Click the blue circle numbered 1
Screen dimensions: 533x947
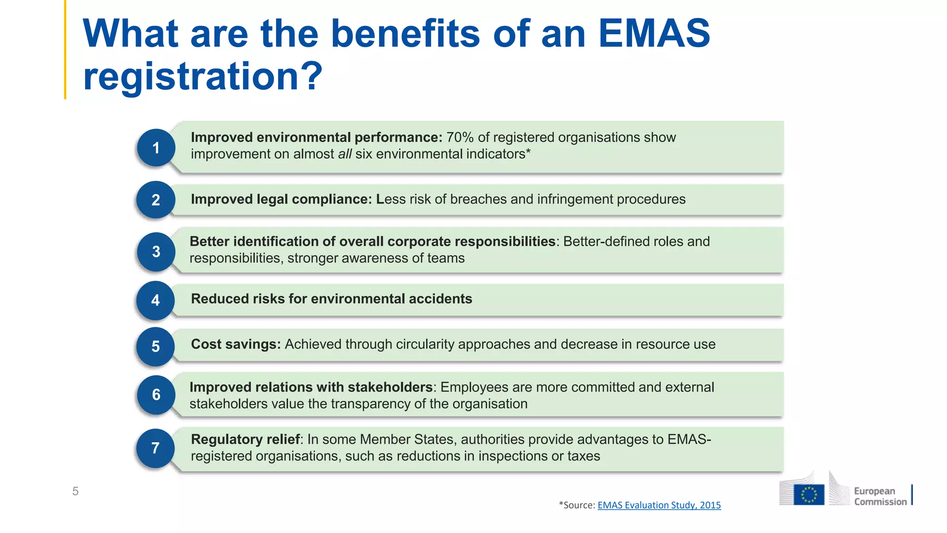click(x=156, y=148)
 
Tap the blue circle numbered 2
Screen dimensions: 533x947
click(x=156, y=200)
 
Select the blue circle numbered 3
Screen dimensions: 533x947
click(x=156, y=252)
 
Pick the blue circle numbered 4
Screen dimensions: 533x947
click(x=156, y=300)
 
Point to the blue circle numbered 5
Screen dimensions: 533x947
click(x=156, y=347)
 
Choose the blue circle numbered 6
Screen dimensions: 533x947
click(x=156, y=395)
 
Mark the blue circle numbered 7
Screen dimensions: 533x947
click(x=156, y=448)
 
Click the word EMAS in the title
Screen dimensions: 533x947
click(x=654, y=33)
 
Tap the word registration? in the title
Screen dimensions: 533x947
click(x=203, y=76)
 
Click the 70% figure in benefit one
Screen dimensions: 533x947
click(x=460, y=137)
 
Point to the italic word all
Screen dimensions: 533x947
click(x=345, y=154)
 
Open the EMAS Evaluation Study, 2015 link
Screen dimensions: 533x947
click(x=659, y=505)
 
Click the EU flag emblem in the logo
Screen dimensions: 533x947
click(x=809, y=495)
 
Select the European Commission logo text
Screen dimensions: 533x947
click(x=879, y=496)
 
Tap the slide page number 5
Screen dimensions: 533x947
click(x=75, y=491)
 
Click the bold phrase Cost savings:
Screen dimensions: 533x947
click(x=236, y=344)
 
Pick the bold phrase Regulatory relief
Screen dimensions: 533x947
click(x=245, y=439)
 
